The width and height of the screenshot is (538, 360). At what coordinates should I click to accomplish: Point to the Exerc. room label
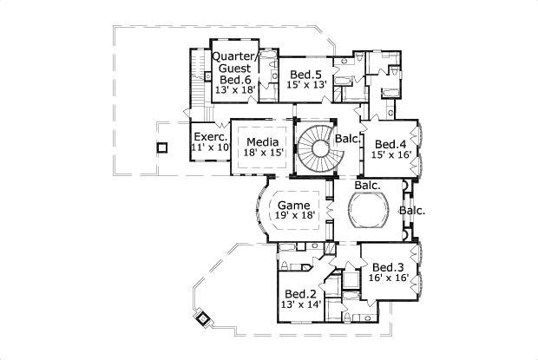[x=211, y=137]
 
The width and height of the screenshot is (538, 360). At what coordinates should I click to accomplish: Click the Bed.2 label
[x=300, y=293]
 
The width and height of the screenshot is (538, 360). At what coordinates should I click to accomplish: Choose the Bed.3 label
[x=388, y=267]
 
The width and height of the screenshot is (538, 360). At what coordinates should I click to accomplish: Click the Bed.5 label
[x=306, y=74]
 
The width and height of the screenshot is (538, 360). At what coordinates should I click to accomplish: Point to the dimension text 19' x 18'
[x=294, y=215]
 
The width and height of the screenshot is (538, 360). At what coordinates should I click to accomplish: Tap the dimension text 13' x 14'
[x=300, y=304]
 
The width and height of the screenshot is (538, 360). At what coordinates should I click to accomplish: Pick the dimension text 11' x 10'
[x=210, y=148]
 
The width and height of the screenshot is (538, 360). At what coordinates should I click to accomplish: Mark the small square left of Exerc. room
[x=161, y=147]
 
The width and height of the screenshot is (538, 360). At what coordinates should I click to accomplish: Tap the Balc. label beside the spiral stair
[x=348, y=138]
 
